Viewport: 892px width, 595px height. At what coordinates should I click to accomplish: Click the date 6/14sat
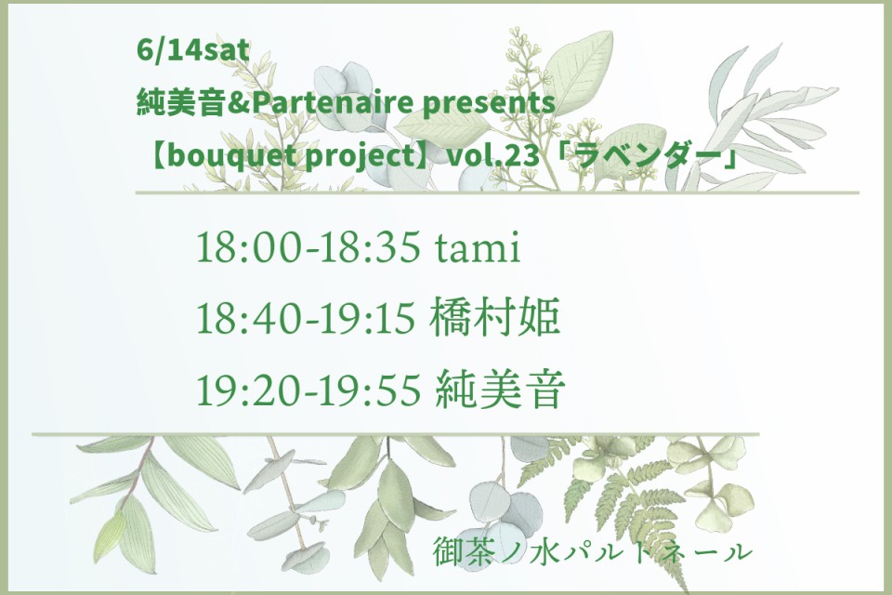pos(193,51)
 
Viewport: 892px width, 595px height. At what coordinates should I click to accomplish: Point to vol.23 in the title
pos(493,156)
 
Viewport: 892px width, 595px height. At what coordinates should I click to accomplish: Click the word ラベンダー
pos(648,156)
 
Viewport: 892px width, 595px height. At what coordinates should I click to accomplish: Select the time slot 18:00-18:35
pos(308,247)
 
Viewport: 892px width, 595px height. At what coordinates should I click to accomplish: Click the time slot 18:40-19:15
pos(306,318)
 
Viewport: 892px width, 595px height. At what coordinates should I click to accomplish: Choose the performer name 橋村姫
pos(495,317)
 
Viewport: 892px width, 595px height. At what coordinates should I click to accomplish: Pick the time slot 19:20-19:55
pos(308,390)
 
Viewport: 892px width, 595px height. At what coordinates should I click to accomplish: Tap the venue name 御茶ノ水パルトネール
pos(593,551)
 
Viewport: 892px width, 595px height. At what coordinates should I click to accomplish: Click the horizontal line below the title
pos(496,193)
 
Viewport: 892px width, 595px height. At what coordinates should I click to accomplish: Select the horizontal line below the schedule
pos(396,434)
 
